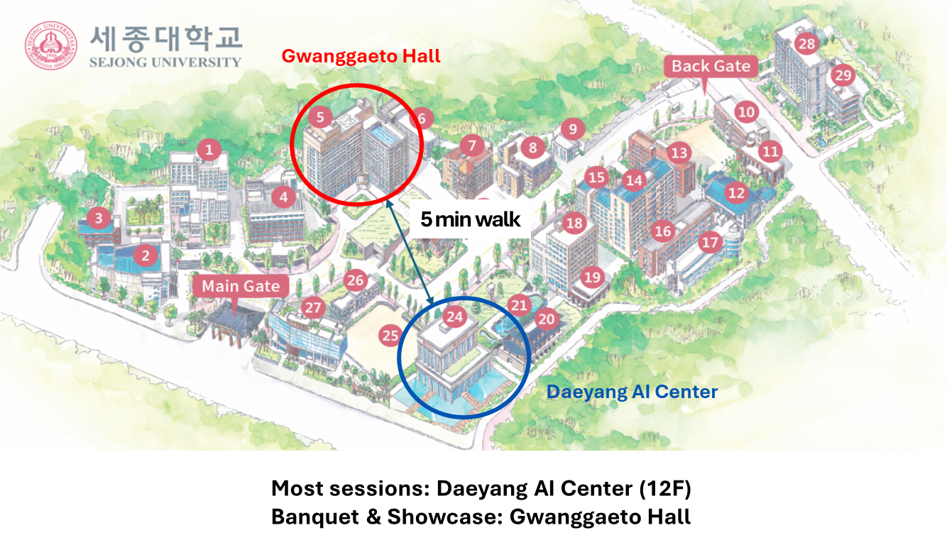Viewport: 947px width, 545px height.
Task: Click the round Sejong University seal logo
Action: [51, 45]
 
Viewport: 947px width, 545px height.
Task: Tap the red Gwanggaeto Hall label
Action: [361, 56]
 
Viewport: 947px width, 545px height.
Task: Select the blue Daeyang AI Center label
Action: [632, 392]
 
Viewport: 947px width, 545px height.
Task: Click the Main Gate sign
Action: [241, 287]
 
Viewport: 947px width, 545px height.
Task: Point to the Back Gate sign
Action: [711, 66]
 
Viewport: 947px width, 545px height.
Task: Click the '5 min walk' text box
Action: [470, 219]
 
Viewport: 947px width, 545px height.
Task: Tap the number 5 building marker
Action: [320, 116]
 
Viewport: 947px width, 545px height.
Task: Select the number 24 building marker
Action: [454, 317]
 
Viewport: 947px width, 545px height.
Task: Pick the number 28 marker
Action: [806, 44]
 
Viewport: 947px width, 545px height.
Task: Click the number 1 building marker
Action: [209, 149]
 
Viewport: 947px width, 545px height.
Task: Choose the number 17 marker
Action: [710, 243]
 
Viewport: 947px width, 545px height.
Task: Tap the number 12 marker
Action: [737, 192]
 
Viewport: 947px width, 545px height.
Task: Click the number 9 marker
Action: [573, 129]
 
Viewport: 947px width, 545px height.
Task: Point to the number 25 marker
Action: [390, 335]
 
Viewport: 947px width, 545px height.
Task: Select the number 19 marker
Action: [591, 277]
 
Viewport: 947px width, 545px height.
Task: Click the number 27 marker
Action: [312, 308]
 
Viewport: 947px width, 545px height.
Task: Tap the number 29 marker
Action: [843, 75]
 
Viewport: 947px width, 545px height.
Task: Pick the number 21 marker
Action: [520, 306]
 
